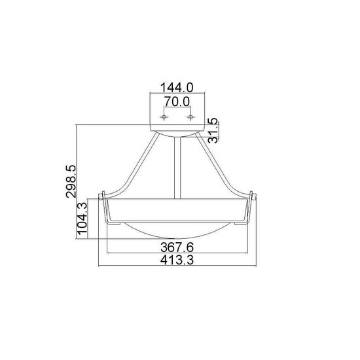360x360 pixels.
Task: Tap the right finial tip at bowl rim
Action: pyautogui.click(x=251, y=194)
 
